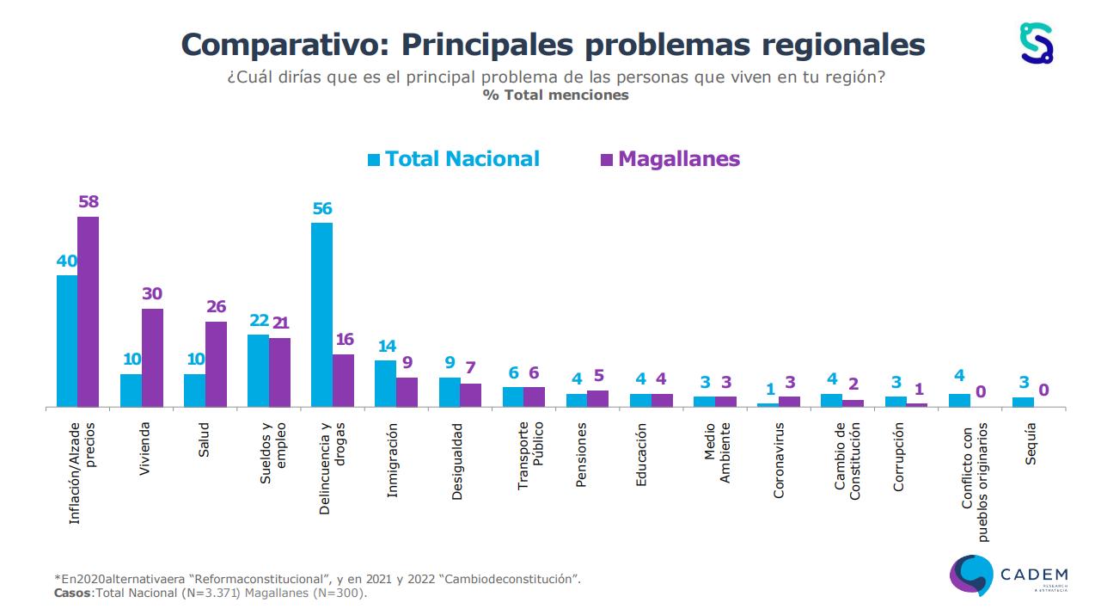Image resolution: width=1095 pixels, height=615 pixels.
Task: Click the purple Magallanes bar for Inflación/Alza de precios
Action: [x=89, y=311]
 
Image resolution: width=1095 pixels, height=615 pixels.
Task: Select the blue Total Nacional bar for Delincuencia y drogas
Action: [x=321, y=315]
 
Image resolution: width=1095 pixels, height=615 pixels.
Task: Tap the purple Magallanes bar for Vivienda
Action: [x=152, y=358]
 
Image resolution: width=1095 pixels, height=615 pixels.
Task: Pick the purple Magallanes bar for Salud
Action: [x=216, y=364]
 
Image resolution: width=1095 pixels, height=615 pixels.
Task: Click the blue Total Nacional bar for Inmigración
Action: [x=385, y=384]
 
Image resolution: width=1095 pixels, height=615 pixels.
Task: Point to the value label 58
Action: [x=89, y=202]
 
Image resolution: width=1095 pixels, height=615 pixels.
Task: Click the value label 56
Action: [x=322, y=209]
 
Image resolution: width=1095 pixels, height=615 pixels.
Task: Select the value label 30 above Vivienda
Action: [x=152, y=294]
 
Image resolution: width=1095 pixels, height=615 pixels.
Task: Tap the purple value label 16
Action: [x=344, y=340]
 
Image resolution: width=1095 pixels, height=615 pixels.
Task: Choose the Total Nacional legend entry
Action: [x=453, y=159]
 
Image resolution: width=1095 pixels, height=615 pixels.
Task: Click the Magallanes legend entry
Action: [x=669, y=159]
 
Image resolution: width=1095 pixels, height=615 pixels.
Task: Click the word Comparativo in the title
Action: [x=283, y=45]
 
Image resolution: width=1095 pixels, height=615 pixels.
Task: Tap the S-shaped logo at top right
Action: [x=1036, y=42]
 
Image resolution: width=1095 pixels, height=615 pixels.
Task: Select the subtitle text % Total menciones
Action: [x=555, y=95]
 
